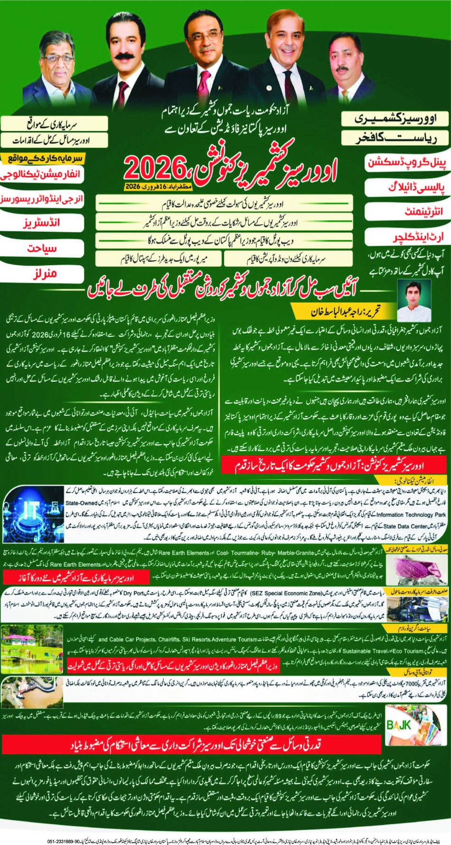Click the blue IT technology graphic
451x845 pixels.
pyautogui.click(x=32, y=514)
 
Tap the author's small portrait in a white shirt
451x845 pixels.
pyautogui.click(x=413, y=301)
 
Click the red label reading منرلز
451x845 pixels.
pyautogui.click(x=44, y=274)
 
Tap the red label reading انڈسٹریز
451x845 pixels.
pyautogui.click(x=42, y=223)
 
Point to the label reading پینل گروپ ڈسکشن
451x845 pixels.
pyautogui.click(x=407, y=162)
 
